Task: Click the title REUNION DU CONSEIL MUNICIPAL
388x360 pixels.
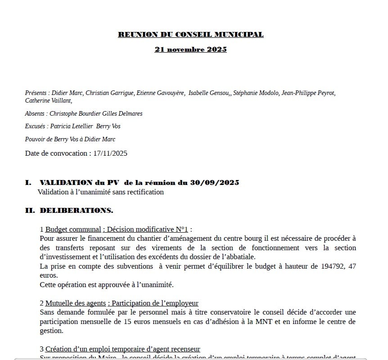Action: pos(190,35)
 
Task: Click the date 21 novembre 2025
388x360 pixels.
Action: pos(190,49)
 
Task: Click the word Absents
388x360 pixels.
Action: pos(35,114)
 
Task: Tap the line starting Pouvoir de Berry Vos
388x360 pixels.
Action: pos(70,139)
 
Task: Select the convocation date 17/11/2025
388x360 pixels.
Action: pos(110,153)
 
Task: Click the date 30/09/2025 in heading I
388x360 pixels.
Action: pos(215,183)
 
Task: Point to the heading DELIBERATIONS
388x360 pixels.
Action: pos(77,210)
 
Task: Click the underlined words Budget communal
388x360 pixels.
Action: pos(73,229)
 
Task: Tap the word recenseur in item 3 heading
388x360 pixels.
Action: pos(185,349)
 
